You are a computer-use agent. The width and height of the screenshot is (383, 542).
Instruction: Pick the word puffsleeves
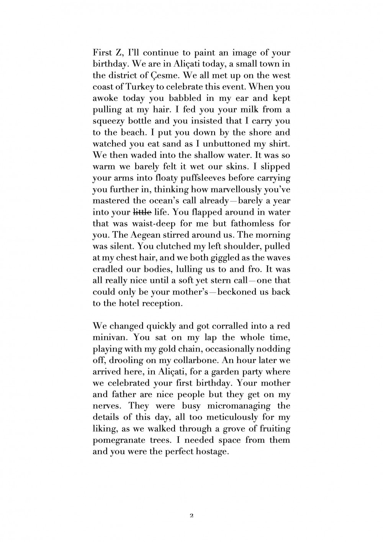[190, 178]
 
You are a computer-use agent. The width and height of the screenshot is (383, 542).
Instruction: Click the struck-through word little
[142, 212]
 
